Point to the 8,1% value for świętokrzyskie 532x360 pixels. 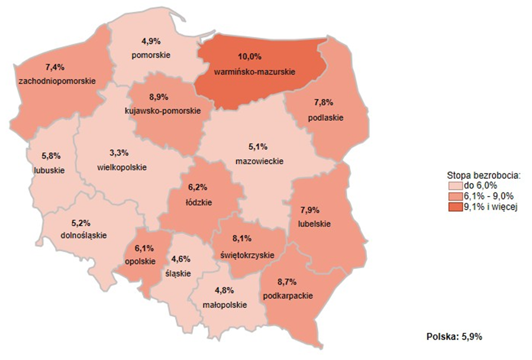click(243, 239)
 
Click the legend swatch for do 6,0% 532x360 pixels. click(452, 185)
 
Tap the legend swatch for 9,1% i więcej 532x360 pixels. click(452, 207)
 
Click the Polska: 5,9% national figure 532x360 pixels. click(454, 337)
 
